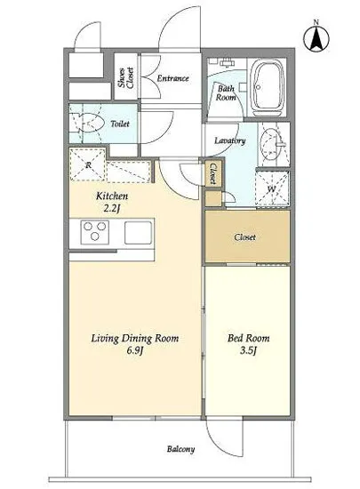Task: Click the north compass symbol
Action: tap(316, 38)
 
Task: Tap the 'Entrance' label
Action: tap(172, 78)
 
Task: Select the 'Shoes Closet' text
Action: tap(126, 78)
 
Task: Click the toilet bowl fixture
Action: tap(88, 124)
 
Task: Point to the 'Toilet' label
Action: tap(120, 124)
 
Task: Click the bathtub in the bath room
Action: tap(268, 88)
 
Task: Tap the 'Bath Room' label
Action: tap(226, 93)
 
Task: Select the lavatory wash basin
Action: tap(271, 144)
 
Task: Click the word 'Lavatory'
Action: tap(229, 141)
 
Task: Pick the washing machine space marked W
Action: tap(272, 188)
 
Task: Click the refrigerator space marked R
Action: tap(88, 164)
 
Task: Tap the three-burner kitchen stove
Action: tap(95, 232)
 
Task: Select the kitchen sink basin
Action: tap(139, 232)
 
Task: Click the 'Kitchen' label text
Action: tap(112, 196)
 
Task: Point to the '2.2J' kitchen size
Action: tap(112, 209)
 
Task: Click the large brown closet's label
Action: tap(245, 237)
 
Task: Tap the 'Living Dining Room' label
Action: tap(135, 339)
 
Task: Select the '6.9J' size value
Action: tap(135, 351)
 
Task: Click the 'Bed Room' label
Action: tap(248, 339)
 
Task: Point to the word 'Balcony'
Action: tap(180, 449)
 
